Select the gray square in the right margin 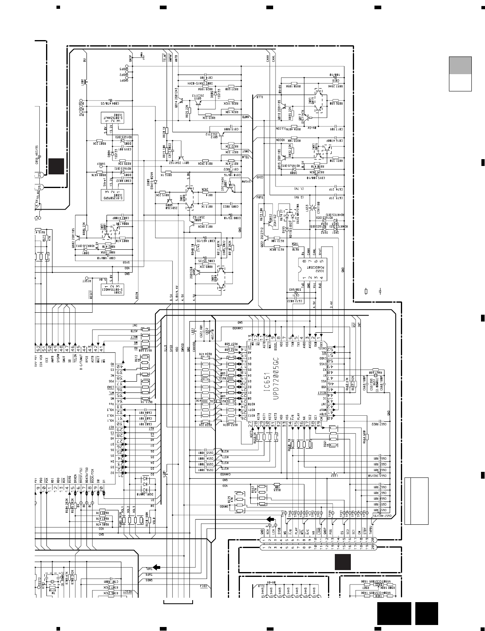(x=460, y=65)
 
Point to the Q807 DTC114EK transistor (x=230, y=187)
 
